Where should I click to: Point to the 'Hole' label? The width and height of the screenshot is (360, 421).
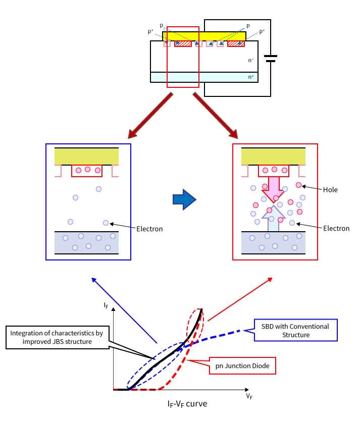point(331,190)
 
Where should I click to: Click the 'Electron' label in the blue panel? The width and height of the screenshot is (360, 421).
point(149,229)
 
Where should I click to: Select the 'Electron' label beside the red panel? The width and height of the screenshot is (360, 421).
point(336,228)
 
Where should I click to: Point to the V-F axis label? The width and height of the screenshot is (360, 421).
point(249,396)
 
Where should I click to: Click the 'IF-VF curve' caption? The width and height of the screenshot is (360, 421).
point(187,404)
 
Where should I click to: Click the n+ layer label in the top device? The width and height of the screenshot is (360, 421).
point(251,77)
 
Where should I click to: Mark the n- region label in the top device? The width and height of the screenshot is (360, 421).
point(251,60)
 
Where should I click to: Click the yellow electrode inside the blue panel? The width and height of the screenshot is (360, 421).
point(86,156)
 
